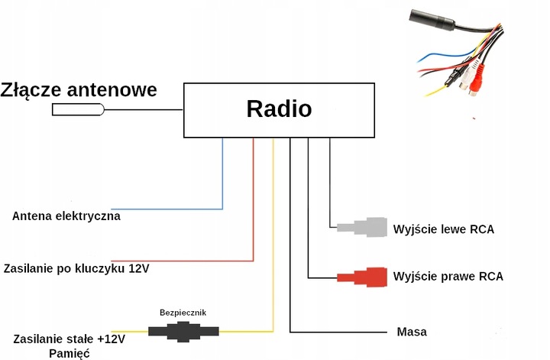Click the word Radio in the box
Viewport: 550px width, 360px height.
[x=279, y=109]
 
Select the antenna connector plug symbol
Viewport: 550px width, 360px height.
[x=78, y=110]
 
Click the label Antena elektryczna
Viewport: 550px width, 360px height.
[x=66, y=216]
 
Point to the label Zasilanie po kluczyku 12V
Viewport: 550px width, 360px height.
[x=76, y=269]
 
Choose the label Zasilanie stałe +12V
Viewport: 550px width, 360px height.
[x=69, y=338]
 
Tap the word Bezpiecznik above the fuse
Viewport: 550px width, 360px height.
[x=183, y=313]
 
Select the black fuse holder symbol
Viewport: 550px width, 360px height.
[x=183, y=331]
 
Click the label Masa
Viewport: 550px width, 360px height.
[x=412, y=332]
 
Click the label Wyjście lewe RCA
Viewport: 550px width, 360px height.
[x=443, y=229]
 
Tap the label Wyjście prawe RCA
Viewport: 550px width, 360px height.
[x=448, y=276]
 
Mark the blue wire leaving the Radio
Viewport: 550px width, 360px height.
[x=222, y=176]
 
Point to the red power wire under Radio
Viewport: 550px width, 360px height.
[x=253, y=199]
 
